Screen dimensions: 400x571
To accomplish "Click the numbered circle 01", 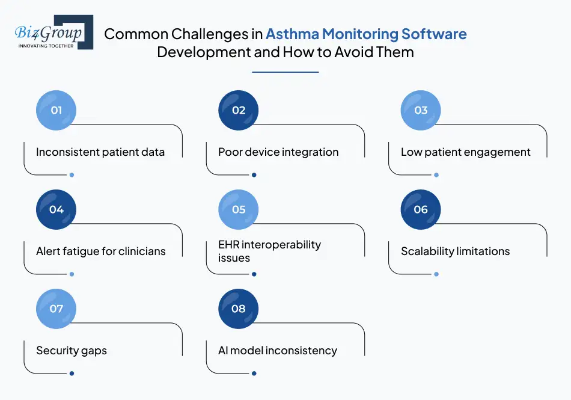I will (56, 110).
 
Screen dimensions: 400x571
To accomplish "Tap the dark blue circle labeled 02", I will (239, 110).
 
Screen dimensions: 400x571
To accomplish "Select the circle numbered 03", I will (421, 110).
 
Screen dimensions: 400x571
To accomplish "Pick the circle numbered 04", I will (56, 209).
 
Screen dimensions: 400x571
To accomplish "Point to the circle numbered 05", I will (239, 209).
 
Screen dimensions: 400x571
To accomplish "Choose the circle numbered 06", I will (421, 209).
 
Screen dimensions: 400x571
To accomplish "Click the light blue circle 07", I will (56, 309).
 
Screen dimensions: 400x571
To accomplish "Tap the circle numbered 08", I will (239, 309).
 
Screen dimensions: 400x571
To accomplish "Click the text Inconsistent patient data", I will (100, 152).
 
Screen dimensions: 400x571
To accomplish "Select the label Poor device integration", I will (278, 152).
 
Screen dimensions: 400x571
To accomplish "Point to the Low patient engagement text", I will (466, 152).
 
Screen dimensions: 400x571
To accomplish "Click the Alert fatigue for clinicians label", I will (101, 251).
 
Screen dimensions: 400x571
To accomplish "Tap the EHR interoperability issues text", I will (269, 251).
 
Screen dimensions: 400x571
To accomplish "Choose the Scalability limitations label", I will (455, 251).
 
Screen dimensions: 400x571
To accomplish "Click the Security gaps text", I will (72, 351).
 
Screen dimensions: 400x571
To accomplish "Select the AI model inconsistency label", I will (278, 351).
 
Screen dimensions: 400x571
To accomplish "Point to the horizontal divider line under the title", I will (285, 72).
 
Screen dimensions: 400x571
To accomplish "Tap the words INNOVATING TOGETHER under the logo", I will (46, 45).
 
